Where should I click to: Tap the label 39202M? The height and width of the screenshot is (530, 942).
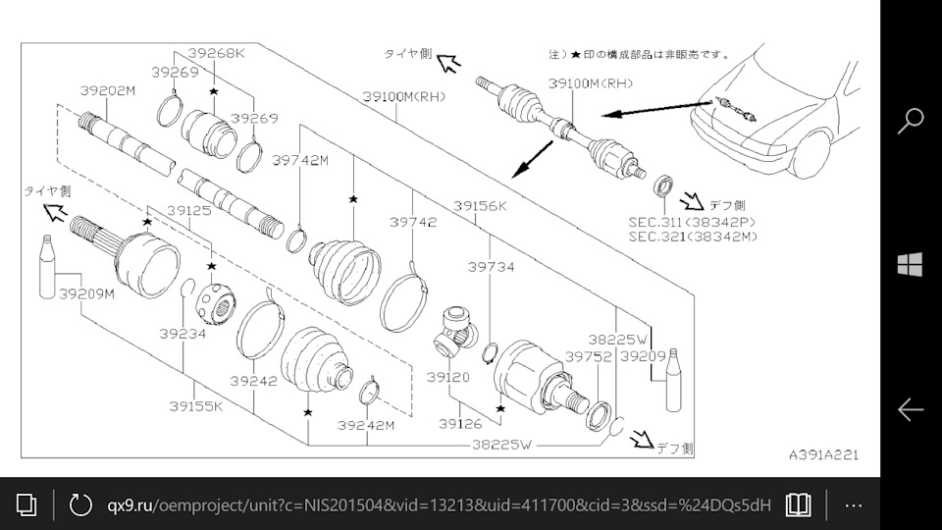click(108, 90)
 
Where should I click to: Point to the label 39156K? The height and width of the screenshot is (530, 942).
click(480, 206)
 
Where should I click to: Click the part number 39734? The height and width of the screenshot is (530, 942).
click(491, 266)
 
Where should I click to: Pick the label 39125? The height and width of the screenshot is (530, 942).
click(188, 211)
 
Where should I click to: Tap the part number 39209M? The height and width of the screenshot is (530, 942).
click(86, 292)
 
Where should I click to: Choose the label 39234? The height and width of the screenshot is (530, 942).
click(183, 334)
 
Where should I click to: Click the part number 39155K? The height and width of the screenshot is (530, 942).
click(195, 404)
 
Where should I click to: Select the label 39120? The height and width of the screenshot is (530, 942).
click(447, 376)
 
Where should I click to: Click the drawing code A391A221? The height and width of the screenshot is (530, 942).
click(823, 454)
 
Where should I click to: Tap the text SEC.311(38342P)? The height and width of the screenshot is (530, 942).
click(685, 223)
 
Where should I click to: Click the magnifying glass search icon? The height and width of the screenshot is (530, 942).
click(911, 120)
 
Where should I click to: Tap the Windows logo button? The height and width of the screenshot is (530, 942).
click(911, 264)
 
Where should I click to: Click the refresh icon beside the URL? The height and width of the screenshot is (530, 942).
click(79, 504)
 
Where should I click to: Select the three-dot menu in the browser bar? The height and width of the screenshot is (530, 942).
click(853, 504)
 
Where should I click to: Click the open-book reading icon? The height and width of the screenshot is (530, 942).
click(799, 504)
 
